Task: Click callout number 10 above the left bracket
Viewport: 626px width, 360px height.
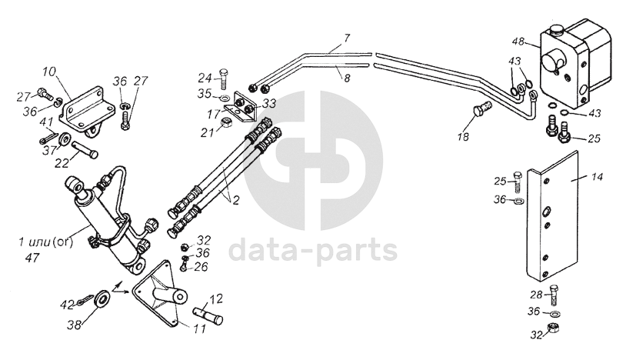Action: [49, 72]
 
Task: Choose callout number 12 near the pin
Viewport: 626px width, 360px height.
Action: [217, 297]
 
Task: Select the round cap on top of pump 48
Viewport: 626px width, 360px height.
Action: [556, 30]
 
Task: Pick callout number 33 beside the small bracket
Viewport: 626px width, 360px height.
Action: [269, 102]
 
